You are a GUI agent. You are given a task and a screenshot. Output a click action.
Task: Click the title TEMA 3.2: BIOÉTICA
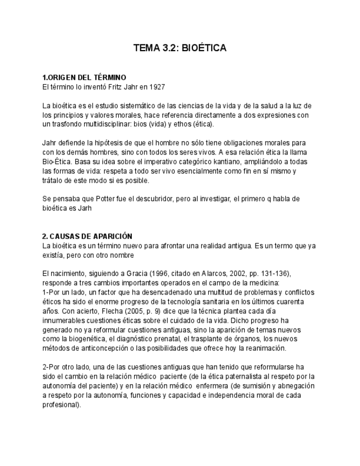(x=180, y=48)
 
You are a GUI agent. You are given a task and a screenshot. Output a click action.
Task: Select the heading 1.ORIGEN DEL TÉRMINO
(x=84, y=77)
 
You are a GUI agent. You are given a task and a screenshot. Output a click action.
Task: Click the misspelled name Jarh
(x=84, y=208)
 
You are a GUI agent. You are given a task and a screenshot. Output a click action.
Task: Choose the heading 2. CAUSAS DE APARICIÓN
(x=87, y=236)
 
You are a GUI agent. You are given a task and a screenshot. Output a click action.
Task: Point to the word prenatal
(x=163, y=339)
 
